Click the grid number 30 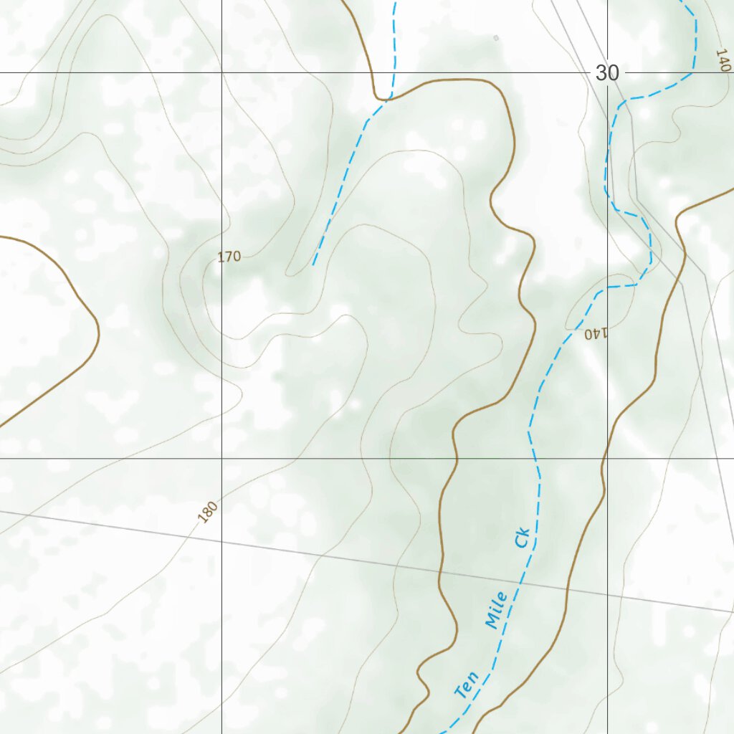(x=607, y=73)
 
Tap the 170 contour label (x=229, y=257)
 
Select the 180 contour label (x=207, y=512)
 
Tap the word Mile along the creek (x=496, y=610)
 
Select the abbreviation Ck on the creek (x=522, y=538)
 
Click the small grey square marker (x=495, y=37)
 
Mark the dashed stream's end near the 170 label (x=313, y=264)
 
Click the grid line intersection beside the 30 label (x=608, y=72)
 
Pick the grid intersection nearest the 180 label (x=221, y=458)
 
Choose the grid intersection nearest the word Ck (x=608, y=458)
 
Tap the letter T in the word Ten (x=459, y=693)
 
